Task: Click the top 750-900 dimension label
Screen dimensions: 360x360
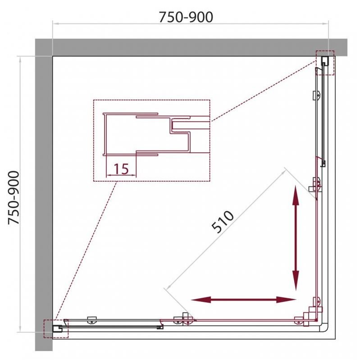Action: (x=186, y=17)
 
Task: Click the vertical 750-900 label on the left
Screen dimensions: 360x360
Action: (x=14, y=198)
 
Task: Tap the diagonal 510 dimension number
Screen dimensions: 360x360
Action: (x=223, y=222)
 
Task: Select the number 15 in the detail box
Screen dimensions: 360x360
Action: (x=121, y=169)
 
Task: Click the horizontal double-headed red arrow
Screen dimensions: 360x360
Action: (x=243, y=300)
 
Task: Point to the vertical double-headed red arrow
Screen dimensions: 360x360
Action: (x=296, y=238)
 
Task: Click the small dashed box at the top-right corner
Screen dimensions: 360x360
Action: (x=325, y=63)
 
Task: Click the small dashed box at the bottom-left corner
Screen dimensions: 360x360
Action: (x=56, y=328)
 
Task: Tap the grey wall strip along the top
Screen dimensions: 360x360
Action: (x=191, y=47)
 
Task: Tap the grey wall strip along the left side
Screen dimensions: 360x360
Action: (x=44, y=195)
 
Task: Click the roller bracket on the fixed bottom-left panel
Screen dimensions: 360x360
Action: (x=92, y=320)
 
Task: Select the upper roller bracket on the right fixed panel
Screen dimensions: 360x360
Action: (x=317, y=95)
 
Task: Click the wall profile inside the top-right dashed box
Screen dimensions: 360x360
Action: (x=325, y=60)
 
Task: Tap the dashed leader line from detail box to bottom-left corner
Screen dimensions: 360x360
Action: (x=87, y=251)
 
